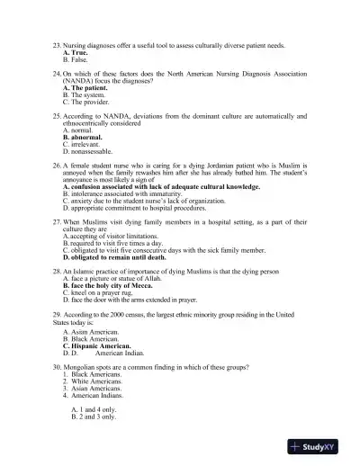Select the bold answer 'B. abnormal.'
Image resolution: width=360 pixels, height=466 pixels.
coord(88,137)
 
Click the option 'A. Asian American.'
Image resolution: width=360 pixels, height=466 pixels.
coord(100,331)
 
